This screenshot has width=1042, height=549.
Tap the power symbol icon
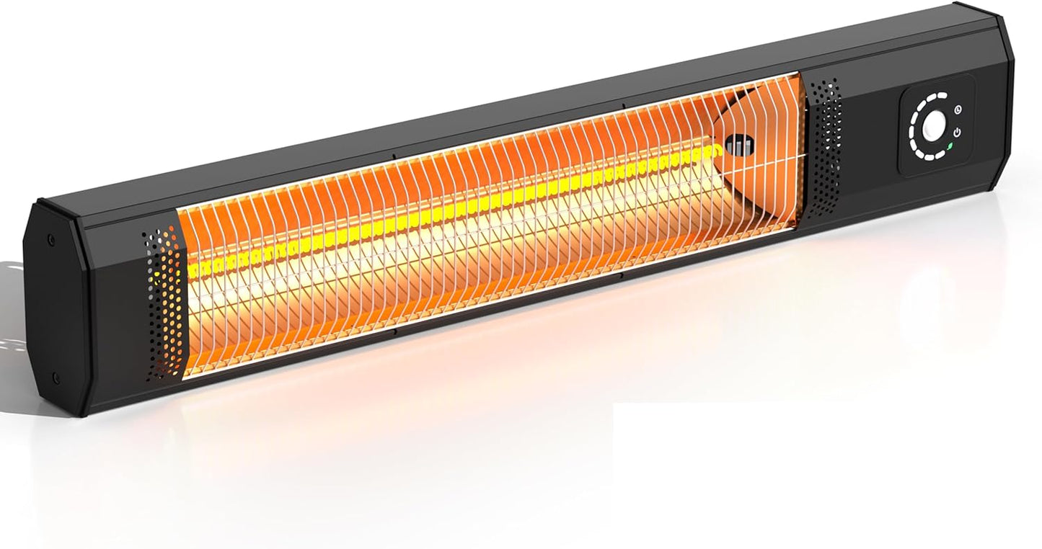958,133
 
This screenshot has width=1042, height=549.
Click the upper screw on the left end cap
50,239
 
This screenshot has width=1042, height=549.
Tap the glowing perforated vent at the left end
164,303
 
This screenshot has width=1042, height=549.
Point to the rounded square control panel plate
935,126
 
